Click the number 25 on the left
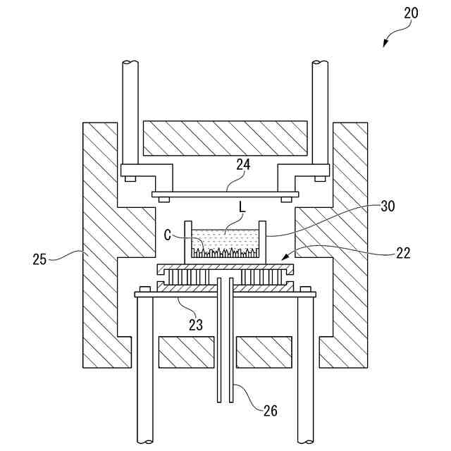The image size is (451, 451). coord(40,259)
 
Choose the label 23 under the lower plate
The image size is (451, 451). coord(195,325)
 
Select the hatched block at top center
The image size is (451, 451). coord(225,138)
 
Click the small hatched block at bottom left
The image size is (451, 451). coord(186,352)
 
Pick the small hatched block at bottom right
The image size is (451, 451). coord(263,352)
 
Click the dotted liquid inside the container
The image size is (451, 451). coord(225,240)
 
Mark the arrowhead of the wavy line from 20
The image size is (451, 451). coord(385,45)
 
